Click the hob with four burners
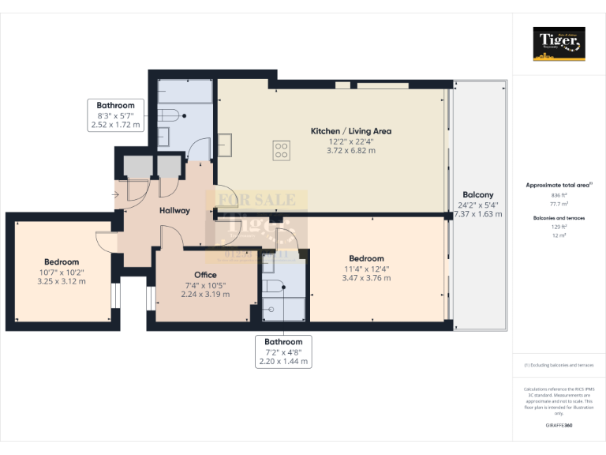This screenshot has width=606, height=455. coord(281,150)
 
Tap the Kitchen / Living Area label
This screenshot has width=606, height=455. coord(350,131)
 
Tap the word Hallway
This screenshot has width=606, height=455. coord(174,211)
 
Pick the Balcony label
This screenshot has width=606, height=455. coord(477,195)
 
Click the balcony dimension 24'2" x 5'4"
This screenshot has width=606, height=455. coord(477,205)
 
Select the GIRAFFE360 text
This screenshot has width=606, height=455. coord(559,425)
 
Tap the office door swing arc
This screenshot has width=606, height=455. coord(168,235)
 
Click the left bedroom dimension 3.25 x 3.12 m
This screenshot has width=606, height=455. coord(61,281)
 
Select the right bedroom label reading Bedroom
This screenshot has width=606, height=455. coord(366,258)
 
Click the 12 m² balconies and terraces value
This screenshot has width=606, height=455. coord(559,235)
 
